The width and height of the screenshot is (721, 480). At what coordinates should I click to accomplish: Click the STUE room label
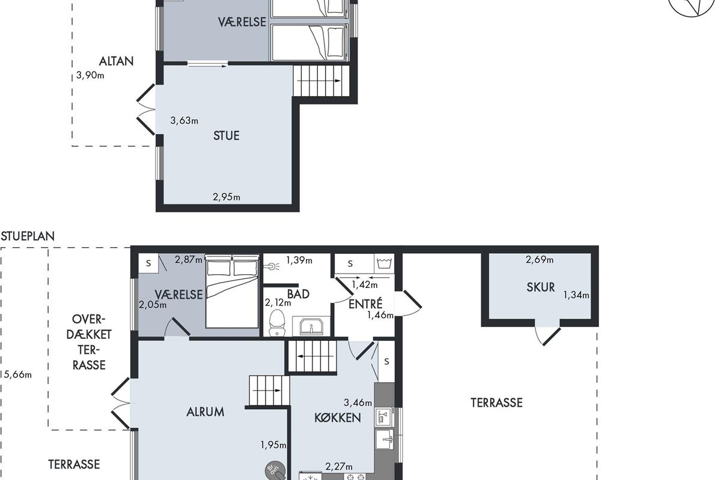tap(227, 136)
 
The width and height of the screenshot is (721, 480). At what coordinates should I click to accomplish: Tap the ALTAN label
tap(116, 61)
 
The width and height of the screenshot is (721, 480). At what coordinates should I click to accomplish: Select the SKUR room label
tap(541, 287)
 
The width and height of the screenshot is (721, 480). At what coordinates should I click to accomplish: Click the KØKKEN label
tap(337, 418)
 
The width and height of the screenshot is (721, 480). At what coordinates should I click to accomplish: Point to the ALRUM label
tap(205, 412)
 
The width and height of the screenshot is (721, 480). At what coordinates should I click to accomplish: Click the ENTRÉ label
tap(366, 304)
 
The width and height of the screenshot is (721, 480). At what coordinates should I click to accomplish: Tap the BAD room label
tap(298, 294)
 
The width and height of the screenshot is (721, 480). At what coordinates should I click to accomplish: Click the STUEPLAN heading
tap(28, 236)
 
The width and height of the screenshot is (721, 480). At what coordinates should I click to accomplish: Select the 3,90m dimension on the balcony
tap(90, 76)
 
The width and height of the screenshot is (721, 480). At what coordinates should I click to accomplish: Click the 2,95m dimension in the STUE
tap(227, 197)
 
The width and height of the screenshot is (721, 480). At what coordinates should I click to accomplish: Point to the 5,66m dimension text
tap(18, 374)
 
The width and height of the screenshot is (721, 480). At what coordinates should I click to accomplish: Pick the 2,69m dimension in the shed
tap(540, 259)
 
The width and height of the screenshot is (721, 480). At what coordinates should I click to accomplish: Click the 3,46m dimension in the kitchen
tap(357, 403)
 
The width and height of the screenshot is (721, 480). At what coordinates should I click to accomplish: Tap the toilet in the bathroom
tap(277, 322)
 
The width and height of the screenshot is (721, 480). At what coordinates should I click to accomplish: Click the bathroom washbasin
tap(311, 326)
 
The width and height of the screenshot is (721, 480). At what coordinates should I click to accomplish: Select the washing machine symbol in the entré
tap(384, 263)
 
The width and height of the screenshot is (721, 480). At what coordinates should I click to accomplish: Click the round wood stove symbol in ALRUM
tap(275, 470)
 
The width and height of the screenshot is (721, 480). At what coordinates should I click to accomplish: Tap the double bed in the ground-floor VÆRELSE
tap(232, 291)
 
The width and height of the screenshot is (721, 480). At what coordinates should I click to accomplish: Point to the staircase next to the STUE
tap(321, 80)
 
